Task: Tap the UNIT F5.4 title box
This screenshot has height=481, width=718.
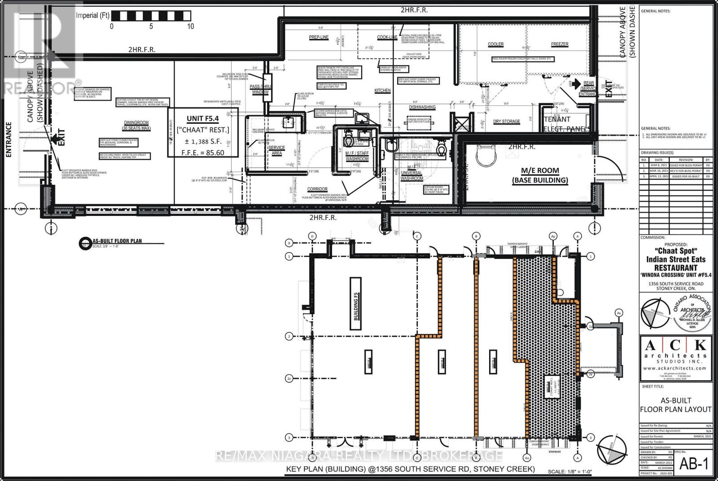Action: [x=203, y=132]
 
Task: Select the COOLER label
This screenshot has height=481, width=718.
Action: [x=495, y=44]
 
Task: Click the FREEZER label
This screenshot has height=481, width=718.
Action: [x=560, y=44]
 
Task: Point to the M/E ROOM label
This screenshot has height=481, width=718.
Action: [x=540, y=175]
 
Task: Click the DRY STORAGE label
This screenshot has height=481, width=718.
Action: [x=507, y=122]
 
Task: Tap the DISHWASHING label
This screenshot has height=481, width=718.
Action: [x=422, y=107]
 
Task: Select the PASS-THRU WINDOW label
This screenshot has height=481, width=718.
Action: [x=259, y=89]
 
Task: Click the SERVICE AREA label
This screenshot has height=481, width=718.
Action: [x=276, y=150]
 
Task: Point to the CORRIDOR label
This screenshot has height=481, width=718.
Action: [x=317, y=189]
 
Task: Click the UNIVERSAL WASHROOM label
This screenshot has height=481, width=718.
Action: [x=411, y=175]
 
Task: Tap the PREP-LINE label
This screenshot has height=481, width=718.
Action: [x=319, y=38]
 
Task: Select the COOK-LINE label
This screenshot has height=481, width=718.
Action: [x=387, y=38]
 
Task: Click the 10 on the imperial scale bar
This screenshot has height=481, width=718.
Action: [x=191, y=26]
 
